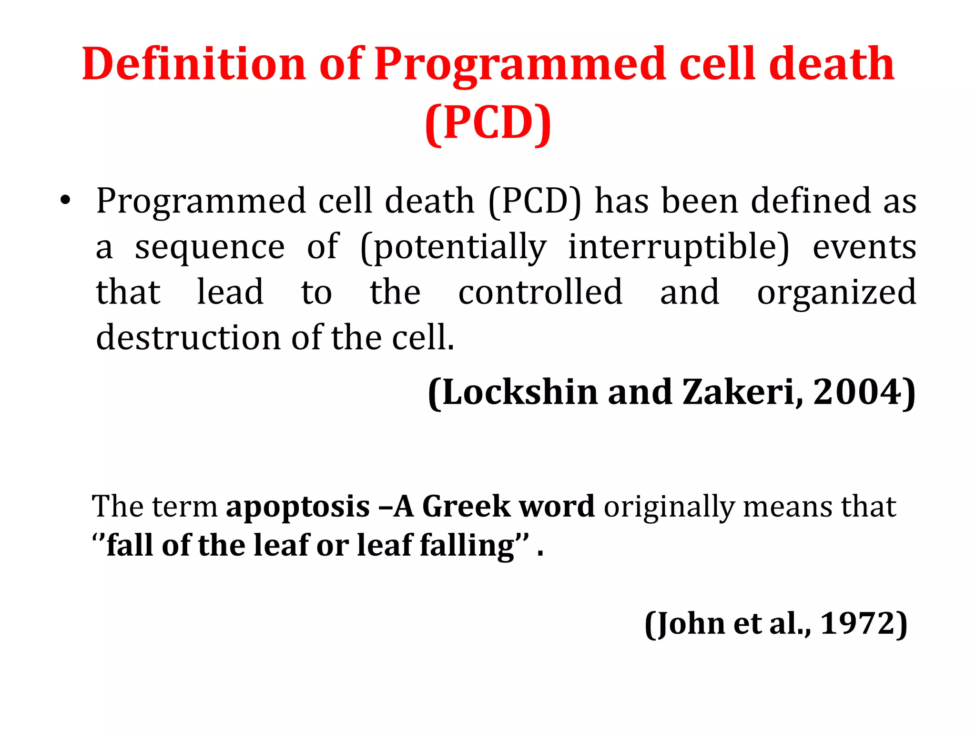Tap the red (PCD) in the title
(488, 123)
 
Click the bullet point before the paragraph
(65, 201)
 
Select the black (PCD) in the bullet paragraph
(535, 201)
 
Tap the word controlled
(540, 292)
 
